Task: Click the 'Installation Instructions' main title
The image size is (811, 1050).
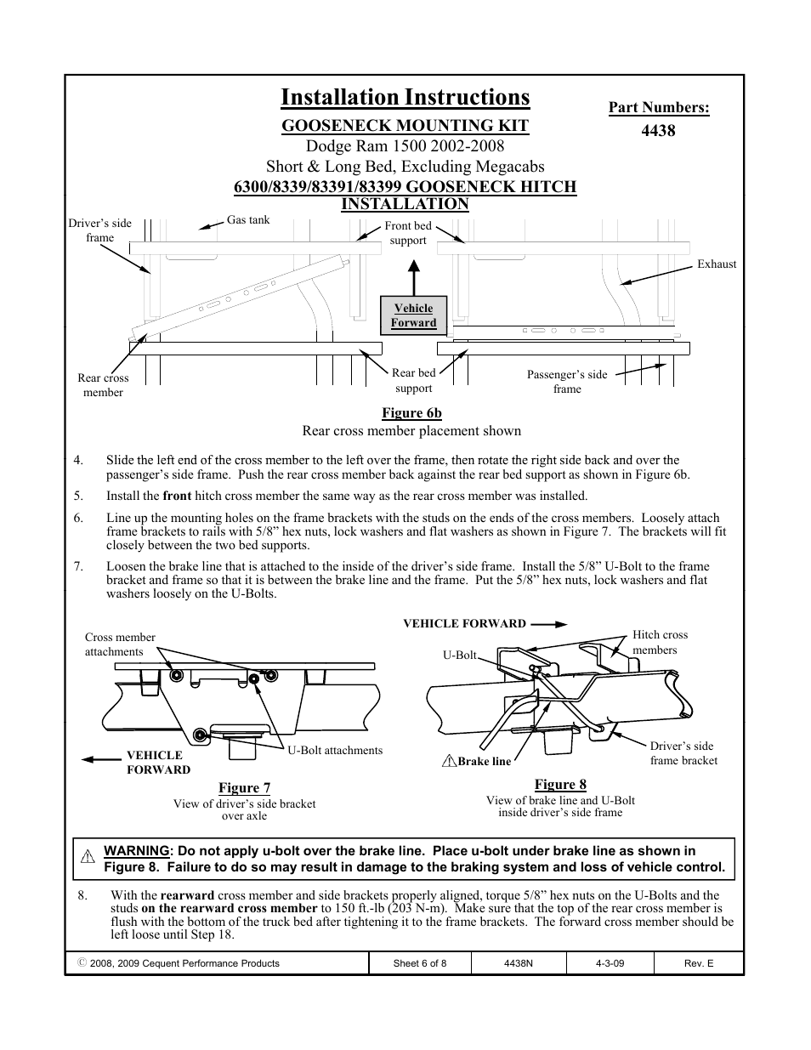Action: (405, 98)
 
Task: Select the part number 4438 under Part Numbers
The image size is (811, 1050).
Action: (658, 131)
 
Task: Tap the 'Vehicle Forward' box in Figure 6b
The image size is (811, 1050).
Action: (413, 315)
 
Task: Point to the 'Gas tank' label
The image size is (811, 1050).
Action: (248, 219)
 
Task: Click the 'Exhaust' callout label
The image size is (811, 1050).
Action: (717, 264)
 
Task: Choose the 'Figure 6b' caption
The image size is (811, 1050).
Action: (411, 413)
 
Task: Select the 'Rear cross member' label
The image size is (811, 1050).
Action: (103, 385)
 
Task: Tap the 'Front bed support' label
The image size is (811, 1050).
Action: (408, 233)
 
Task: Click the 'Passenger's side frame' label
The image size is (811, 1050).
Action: (567, 382)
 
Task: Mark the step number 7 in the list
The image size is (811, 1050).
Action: (78, 566)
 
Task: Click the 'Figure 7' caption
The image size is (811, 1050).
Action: (244, 788)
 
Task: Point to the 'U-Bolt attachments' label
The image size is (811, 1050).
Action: (335, 750)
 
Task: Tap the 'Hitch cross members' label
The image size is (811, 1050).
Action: (660, 642)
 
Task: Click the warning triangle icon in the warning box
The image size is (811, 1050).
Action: (87, 857)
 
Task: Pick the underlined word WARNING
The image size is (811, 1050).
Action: (136, 850)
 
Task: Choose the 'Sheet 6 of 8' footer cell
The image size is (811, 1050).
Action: (420, 963)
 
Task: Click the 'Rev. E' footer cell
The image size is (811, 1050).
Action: (699, 963)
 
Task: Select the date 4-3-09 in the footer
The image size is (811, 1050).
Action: (610, 963)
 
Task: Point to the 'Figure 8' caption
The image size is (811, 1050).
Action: (560, 784)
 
